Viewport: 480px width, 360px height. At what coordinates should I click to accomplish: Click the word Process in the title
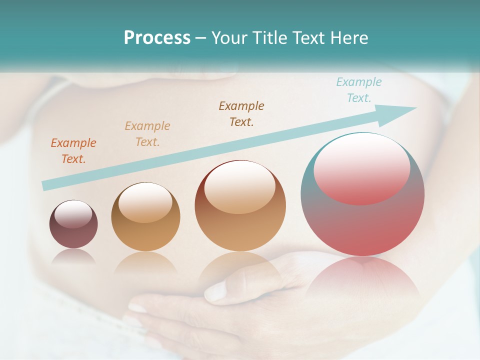tap(157, 38)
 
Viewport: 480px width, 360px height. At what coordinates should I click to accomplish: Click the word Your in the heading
tap(230, 38)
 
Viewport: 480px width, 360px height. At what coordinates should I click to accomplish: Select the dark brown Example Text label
tap(241, 114)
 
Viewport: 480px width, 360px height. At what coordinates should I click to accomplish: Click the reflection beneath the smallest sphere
tap(73, 256)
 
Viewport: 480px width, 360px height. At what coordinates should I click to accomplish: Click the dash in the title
tap(201, 38)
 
